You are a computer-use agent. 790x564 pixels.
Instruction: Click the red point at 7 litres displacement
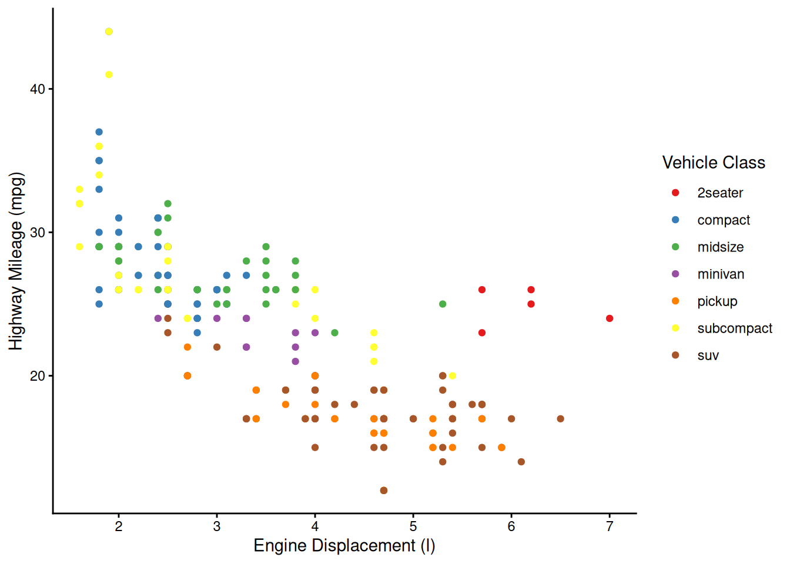[610, 318]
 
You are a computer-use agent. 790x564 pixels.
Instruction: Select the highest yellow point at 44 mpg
[109, 32]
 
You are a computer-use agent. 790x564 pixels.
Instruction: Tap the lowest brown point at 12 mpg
[384, 491]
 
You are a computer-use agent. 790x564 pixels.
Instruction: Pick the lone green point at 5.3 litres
[443, 304]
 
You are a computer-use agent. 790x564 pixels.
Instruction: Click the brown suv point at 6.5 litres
[560, 419]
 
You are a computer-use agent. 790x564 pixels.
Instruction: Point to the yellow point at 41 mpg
[109, 75]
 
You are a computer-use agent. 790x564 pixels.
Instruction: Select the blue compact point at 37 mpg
[99, 132]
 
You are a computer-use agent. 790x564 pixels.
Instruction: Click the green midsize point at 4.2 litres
[334, 333]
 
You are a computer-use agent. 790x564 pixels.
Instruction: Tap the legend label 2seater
[720, 193]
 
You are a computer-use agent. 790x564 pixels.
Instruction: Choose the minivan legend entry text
[721, 274]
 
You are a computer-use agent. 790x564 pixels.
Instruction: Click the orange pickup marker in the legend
[675, 301]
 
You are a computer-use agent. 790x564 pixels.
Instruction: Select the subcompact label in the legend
[735, 328]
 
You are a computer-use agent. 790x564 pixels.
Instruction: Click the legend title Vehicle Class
[714, 163]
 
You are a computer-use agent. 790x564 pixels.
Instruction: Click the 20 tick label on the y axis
[38, 376]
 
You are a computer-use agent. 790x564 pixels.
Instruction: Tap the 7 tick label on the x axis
[610, 526]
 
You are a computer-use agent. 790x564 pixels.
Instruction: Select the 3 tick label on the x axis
[217, 526]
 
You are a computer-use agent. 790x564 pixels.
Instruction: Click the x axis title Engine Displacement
[344, 546]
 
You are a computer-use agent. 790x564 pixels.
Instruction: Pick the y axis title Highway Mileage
[16, 261]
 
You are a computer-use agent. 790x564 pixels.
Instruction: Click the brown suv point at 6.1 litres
[521, 462]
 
